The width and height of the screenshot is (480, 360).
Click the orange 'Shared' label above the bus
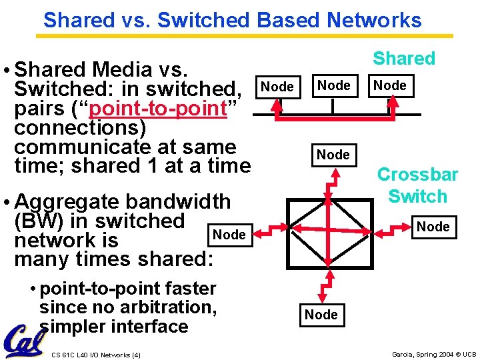point(404,59)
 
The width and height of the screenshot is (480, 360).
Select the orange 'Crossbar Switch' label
point(417,185)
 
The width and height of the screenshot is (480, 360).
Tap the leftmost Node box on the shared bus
point(277,87)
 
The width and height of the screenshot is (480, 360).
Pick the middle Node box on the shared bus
point(333,85)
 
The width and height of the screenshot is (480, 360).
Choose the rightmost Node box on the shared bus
point(390,85)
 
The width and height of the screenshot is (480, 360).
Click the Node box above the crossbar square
point(333,155)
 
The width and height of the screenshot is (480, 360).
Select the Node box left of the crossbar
point(229,235)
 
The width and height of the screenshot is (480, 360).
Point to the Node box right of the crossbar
point(433,227)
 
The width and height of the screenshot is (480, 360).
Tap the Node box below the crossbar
point(321,315)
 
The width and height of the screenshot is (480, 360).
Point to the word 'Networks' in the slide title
point(374,20)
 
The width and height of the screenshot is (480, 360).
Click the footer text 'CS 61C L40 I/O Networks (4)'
point(95,355)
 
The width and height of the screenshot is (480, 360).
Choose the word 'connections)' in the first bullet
point(80,127)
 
